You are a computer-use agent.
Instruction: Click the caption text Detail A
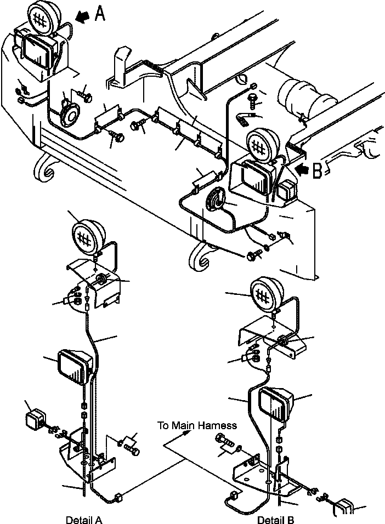coord(83,519)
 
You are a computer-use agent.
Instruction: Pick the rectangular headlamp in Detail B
coord(275,403)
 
